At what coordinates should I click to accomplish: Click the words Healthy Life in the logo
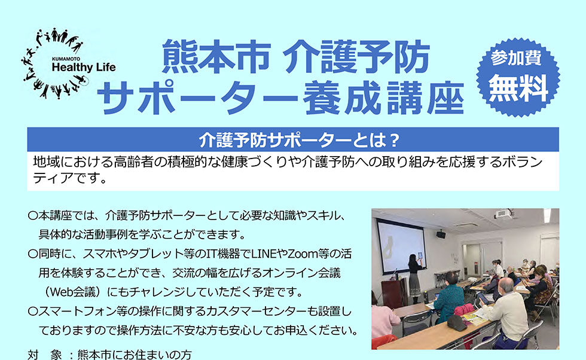pyautogui.click(x=84, y=68)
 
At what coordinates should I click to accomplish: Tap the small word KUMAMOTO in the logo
pyautogui.click(x=66, y=59)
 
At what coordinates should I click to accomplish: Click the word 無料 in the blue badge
pyautogui.click(x=518, y=88)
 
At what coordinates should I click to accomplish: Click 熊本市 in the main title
pyautogui.click(x=216, y=57)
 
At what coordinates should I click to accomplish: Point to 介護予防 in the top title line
pyautogui.click(x=356, y=57)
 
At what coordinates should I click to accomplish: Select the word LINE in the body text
pyautogui.click(x=263, y=254)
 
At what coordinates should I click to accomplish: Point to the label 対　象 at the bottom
pyautogui.click(x=45, y=355)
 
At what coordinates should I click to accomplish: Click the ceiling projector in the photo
pyautogui.click(x=503, y=214)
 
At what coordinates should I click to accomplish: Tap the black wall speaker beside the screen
pyautogui.click(x=441, y=234)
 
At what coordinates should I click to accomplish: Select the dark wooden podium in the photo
pyautogui.click(x=395, y=294)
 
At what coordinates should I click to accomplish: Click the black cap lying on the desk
pyautogui.click(x=457, y=322)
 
